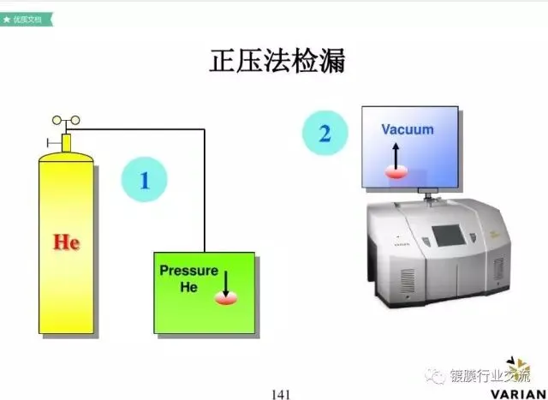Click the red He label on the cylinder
[66, 242]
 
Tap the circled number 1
[145, 180]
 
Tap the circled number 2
[324, 134]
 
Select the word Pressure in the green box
[188, 272]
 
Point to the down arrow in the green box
[225, 282]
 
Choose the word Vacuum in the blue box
[408, 130]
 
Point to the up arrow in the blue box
[396, 154]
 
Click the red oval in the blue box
[396, 171]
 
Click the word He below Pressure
[188, 288]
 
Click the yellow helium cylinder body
[66, 257]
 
